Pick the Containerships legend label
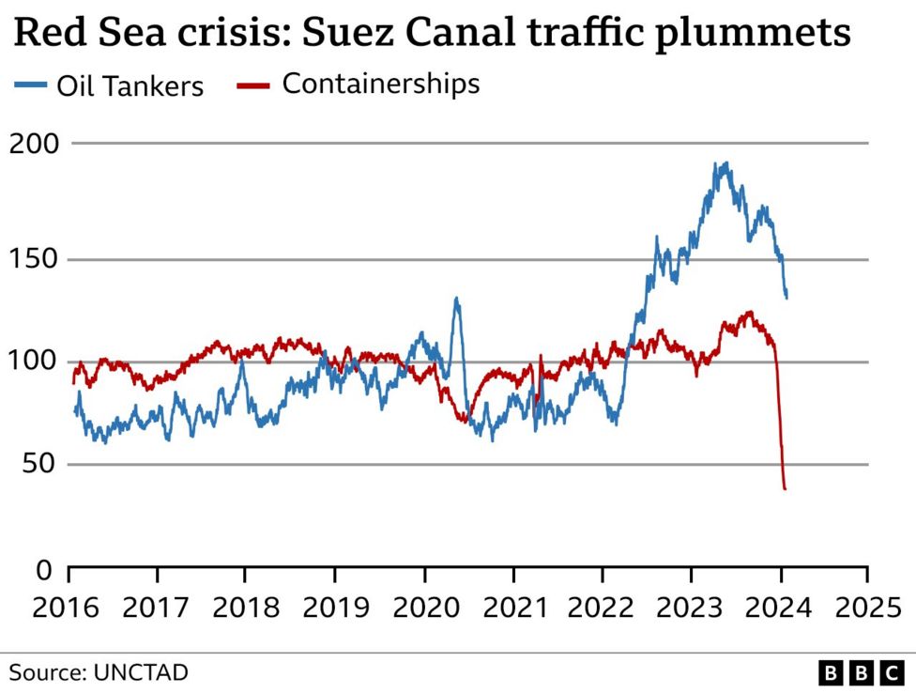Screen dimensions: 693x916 [380, 84]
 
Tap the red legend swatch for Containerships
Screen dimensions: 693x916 [253, 85]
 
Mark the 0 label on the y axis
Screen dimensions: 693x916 [44, 569]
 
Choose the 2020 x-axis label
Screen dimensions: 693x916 [425, 607]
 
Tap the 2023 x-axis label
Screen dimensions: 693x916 [692, 607]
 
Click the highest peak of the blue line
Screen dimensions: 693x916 [724, 163]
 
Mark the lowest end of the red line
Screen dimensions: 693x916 [785, 488]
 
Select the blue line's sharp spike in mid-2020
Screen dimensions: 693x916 [456, 300]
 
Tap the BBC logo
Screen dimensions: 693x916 [860, 672]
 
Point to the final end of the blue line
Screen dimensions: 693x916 [786, 297]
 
